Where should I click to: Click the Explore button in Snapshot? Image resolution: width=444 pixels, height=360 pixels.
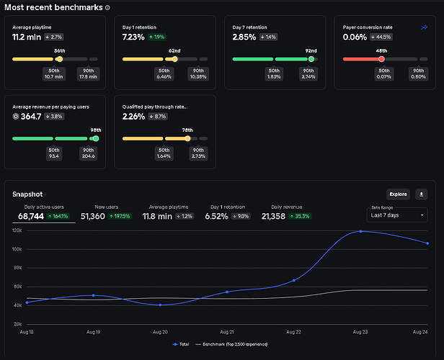point(398,194)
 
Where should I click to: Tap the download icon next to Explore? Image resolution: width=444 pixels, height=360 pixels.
point(422,194)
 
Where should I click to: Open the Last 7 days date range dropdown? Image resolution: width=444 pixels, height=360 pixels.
point(397,215)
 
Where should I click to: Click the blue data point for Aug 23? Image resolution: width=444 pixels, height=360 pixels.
point(360,231)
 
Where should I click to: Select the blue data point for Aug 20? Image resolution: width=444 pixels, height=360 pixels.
point(160,305)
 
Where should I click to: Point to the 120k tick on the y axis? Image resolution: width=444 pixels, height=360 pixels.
point(17,230)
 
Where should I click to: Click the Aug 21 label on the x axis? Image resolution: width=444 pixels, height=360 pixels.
point(227,332)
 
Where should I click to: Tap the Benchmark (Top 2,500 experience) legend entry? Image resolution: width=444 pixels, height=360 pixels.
point(231,344)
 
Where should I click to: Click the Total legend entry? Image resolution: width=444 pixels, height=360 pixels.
point(181,344)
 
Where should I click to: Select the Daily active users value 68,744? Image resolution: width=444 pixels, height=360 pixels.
point(31,216)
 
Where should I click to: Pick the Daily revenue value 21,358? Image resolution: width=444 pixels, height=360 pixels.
point(273,216)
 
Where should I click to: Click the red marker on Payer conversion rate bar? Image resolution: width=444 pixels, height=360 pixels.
point(381,59)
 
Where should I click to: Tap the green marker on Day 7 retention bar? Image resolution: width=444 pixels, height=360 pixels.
point(311,59)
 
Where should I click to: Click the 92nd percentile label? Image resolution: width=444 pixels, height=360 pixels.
point(311,51)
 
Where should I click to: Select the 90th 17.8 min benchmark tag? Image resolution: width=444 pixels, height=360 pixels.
point(88,74)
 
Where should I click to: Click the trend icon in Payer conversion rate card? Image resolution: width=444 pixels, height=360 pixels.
point(424,27)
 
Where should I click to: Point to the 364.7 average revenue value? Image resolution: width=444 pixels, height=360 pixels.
point(31,117)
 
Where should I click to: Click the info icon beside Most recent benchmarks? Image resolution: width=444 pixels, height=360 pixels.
point(107,8)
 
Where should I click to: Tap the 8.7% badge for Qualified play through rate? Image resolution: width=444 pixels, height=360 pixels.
point(158,117)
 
